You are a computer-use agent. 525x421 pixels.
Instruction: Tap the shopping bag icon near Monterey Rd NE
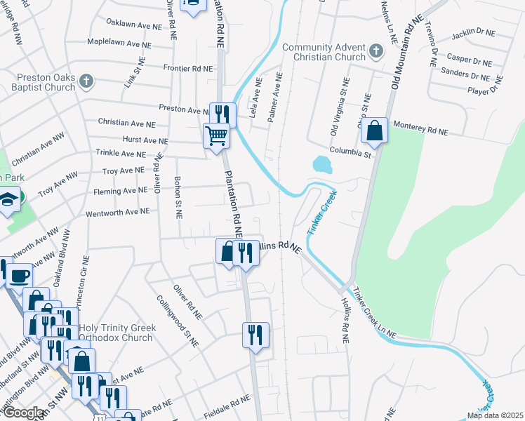coord(375,131)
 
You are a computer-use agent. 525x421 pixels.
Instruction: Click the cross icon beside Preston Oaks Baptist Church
coord(87,82)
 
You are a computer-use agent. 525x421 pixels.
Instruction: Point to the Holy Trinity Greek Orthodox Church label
coord(106,332)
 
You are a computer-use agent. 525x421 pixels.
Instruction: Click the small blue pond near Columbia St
coord(322,165)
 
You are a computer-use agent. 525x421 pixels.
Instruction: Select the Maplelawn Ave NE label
coord(119,43)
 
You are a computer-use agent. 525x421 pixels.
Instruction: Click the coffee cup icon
coord(18,274)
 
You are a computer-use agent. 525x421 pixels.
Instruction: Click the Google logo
coord(23,413)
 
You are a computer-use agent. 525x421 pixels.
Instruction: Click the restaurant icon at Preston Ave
coord(224,114)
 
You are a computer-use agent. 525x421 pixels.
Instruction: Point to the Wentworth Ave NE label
coord(117,211)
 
